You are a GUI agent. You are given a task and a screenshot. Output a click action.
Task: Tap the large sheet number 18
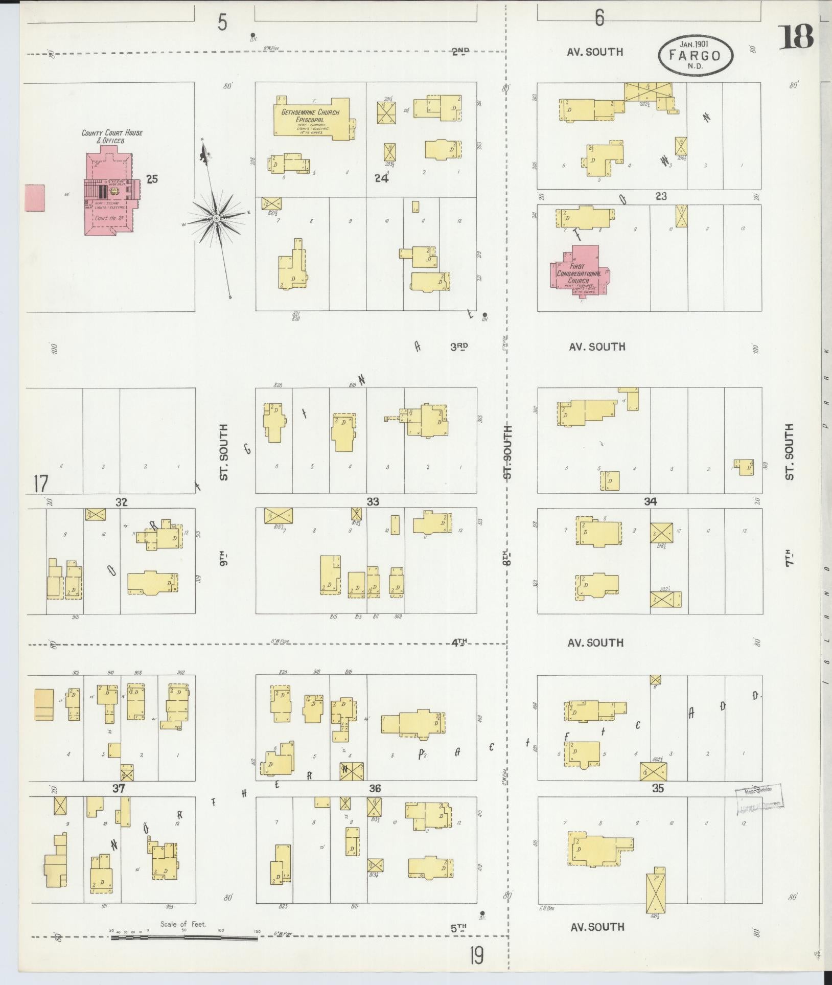coord(796,37)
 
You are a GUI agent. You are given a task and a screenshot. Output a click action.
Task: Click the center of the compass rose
coord(216,218)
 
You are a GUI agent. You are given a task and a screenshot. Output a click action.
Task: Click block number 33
coord(373,502)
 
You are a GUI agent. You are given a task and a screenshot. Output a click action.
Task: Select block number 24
coord(381,178)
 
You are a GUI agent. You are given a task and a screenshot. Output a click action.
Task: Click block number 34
coord(650,502)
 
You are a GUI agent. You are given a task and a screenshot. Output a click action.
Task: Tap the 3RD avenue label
coord(458,347)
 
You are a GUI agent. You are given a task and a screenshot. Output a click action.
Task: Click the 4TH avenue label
coord(459,643)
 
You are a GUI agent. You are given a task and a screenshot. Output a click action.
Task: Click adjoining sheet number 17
coord(40,484)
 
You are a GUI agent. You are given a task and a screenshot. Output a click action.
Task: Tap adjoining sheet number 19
coord(476,955)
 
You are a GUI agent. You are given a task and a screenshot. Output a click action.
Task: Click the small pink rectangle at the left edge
coord(34,198)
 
